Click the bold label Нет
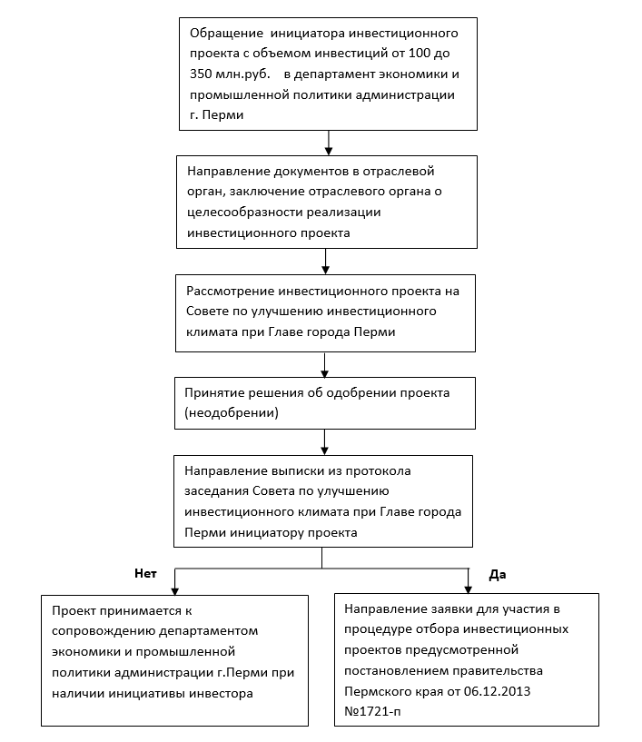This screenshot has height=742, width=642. pyautogui.click(x=145, y=574)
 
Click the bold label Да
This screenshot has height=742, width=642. pyautogui.click(x=498, y=575)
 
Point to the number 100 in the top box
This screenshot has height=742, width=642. pyautogui.click(x=420, y=53)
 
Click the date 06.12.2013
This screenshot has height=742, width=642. pyautogui.click(x=497, y=691)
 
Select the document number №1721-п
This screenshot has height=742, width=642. pyautogui.click(x=372, y=712)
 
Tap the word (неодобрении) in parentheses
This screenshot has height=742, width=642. pyautogui.click(x=232, y=413)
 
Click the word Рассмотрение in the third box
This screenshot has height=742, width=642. pyautogui.click(x=231, y=292)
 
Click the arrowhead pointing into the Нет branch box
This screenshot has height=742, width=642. pyautogui.click(x=175, y=591)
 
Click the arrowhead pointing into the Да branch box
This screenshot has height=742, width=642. pyautogui.click(x=469, y=589)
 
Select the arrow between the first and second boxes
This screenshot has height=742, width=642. pyautogui.click(x=329, y=143)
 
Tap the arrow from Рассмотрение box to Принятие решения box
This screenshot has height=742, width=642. pyautogui.click(x=324, y=365)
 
